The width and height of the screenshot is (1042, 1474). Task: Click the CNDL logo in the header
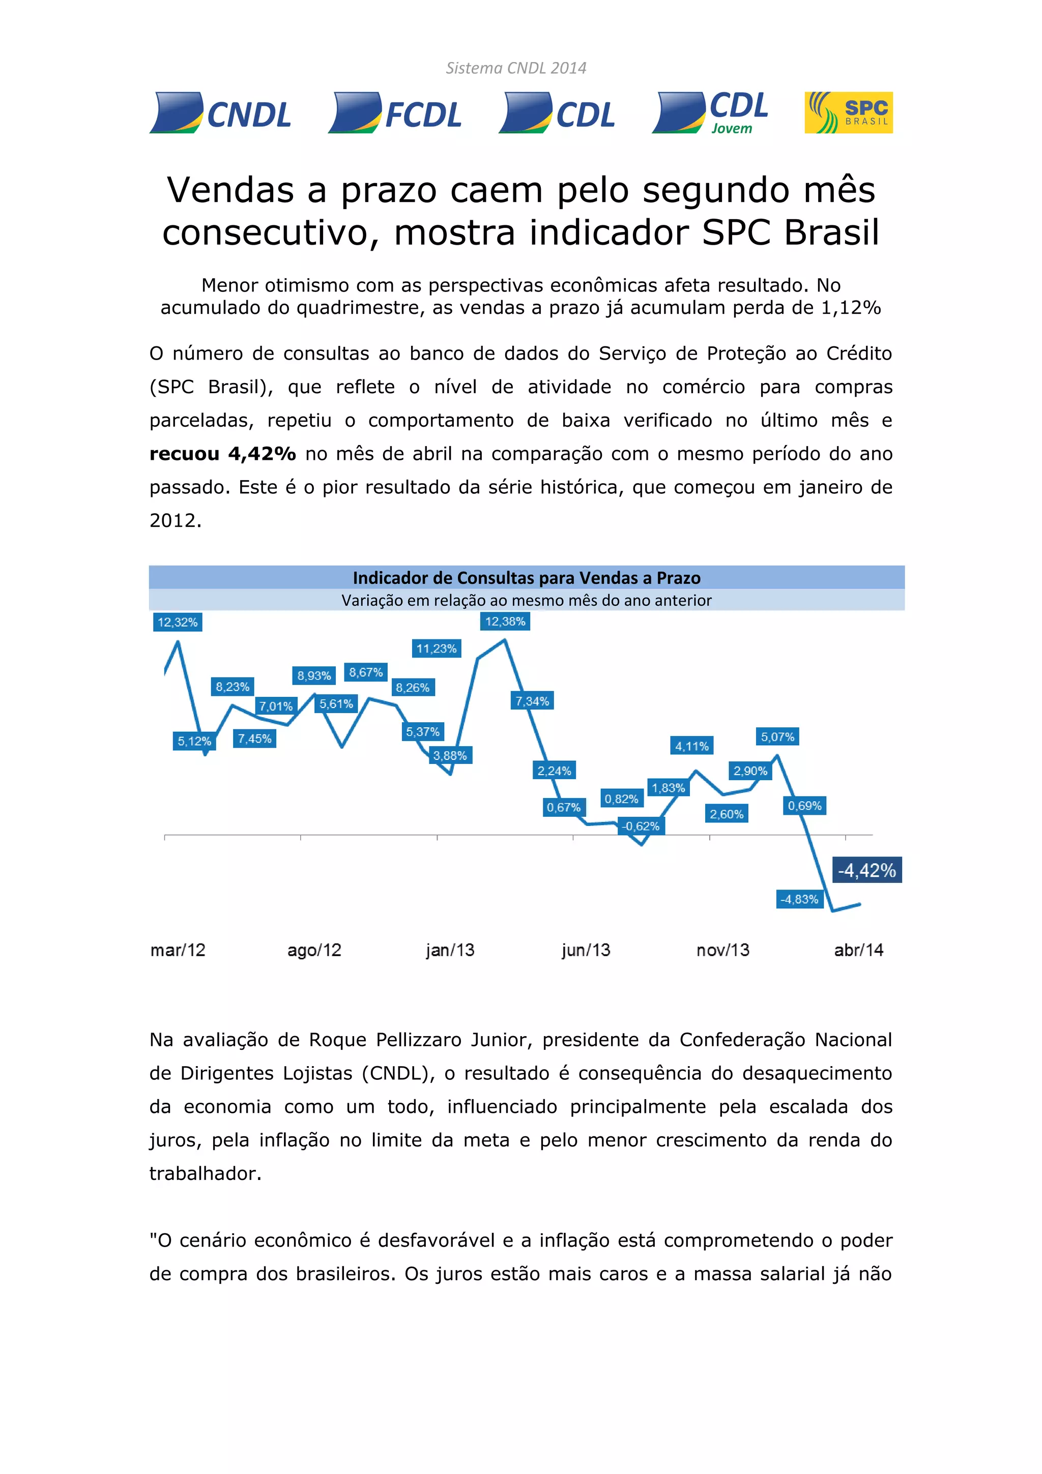tap(220, 113)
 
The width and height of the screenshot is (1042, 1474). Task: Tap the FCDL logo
tap(395, 113)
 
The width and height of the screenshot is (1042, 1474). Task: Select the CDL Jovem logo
tap(710, 113)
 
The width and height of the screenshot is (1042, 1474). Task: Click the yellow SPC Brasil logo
tap(848, 112)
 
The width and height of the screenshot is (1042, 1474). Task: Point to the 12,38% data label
tap(505, 622)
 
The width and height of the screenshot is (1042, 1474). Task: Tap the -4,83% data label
tap(799, 899)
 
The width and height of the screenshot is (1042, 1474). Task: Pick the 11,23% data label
tap(437, 648)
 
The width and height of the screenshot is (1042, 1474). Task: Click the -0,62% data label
tap(641, 826)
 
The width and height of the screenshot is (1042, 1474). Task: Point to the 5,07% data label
tap(777, 736)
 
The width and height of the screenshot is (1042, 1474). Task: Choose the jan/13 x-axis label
tap(449, 950)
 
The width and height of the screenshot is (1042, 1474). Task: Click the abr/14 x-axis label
tap(858, 950)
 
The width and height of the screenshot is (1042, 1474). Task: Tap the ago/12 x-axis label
tap(314, 950)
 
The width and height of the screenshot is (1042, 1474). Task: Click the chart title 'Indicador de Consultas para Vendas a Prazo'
tap(527, 578)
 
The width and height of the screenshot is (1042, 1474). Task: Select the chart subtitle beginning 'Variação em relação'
tap(527, 600)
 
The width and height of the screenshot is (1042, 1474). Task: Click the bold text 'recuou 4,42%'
tap(223, 454)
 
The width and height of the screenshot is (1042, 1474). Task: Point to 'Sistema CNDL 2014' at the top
tap(516, 68)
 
